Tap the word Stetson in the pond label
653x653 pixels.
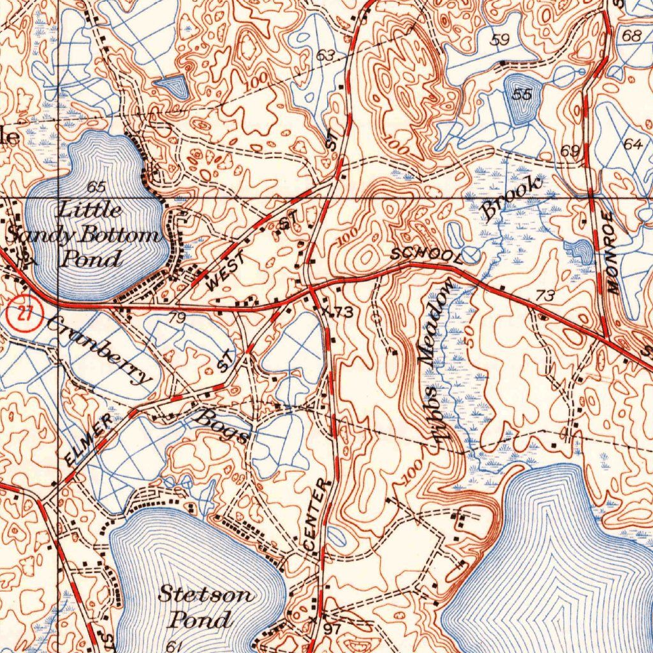pyautogui.click(x=206, y=595)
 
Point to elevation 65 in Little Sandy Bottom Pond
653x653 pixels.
pyautogui.click(x=96, y=187)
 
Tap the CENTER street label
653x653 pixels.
pyautogui.click(x=318, y=516)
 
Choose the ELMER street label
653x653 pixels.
pyautogui.click(x=89, y=439)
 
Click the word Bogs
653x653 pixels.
pyautogui.click(x=221, y=427)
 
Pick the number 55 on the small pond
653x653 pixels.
pyautogui.click(x=522, y=94)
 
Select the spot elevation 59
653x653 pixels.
pyautogui.click(x=501, y=40)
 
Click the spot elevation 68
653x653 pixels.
pyautogui.click(x=631, y=36)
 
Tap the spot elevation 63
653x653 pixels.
pyautogui.click(x=325, y=56)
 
